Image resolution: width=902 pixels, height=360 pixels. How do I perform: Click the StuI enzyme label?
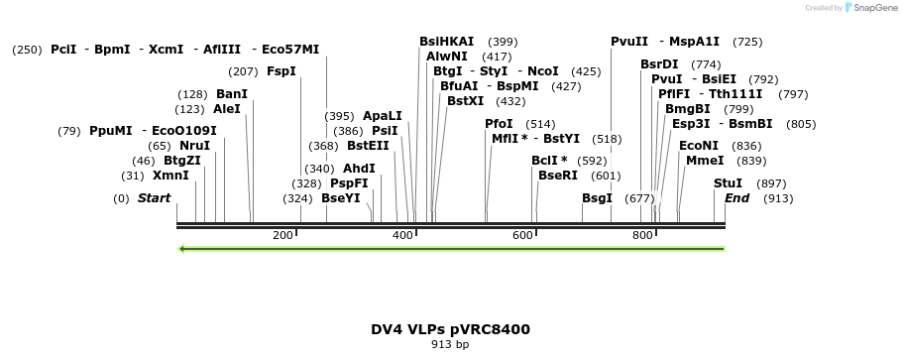coord(728,183)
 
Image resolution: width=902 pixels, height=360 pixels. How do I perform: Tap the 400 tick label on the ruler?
coord(402,235)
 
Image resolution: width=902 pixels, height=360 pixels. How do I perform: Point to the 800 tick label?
coord(642,235)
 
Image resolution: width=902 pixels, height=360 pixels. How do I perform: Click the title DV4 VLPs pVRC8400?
coord(450,329)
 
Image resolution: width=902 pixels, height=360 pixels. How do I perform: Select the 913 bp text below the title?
coord(450,345)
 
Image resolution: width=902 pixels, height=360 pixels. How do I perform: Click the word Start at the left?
coord(154,198)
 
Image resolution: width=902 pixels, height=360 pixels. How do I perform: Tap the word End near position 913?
coord(736,198)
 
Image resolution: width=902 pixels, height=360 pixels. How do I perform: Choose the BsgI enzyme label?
coord(597,198)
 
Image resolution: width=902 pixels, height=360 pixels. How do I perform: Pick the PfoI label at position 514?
coord(499,124)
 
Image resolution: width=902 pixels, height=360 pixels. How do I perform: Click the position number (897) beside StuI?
coord(771,183)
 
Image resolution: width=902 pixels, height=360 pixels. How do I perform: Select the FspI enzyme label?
coord(282,71)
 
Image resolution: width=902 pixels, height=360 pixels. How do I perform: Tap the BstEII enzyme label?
coord(368,146)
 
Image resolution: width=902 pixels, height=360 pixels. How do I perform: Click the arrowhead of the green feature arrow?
coord(182,249)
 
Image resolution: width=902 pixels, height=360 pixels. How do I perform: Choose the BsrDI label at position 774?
coord(659,64)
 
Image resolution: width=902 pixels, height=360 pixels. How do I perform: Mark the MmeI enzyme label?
coord(705,161)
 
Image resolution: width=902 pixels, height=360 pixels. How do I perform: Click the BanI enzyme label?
coord(232,94)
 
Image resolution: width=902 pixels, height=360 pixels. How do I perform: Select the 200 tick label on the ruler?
coord(282,235)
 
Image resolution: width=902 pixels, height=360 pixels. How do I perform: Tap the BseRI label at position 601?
coord(557,176)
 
